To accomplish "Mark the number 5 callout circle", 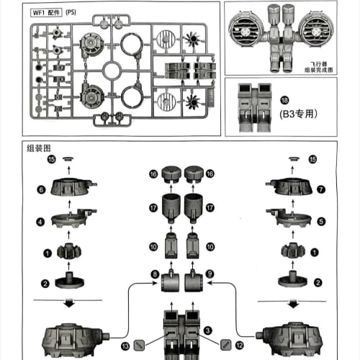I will pyautogui.click(x=312, y=221).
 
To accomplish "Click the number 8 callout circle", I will pyautogui.click(x=154, y=274).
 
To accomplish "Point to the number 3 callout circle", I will pyautogui.click(x=207, y=330).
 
